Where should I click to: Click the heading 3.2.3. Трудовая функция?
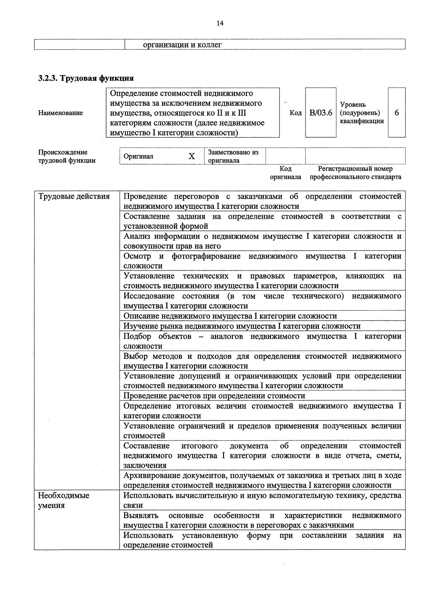(86, 78)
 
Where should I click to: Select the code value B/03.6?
(321, 113)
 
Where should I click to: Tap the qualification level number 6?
(397, 113)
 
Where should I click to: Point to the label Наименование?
(60, 113)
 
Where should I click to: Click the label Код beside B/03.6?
(295, 113)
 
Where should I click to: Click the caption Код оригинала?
(285, 173)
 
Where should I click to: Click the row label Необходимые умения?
(64, 500)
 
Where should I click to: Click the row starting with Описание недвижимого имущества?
(230, 316)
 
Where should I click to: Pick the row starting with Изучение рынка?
(242, 326)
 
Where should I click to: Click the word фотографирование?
(206, 256)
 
